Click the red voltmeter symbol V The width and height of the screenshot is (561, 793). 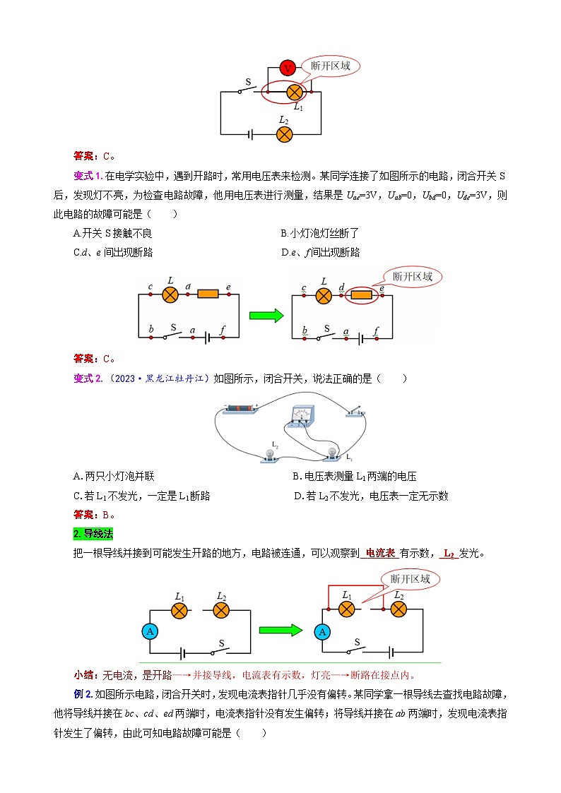pyautogui.click(x=287, y=68)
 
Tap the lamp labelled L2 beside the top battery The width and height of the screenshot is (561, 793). pyautogui.click(x=284, y=133)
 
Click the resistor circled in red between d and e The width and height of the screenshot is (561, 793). pyautogui.click(x=362, y=296)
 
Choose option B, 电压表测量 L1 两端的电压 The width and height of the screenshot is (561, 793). pyautogui.click(x=354, y=477)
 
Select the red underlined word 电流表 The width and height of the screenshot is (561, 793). pyautogui.click(x=380, y=553)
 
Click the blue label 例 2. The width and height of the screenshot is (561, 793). pyautogui.click(x=82, y=694)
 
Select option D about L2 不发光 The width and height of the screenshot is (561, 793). pyautogui.click(x=371, y=496)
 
